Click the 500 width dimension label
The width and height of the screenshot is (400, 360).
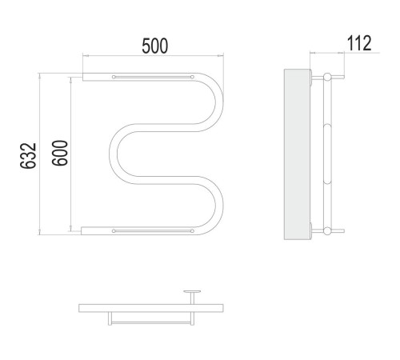[x=155, y=46]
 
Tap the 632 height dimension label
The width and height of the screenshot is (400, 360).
[x=28, y=155]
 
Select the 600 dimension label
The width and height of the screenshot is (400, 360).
[x=60, y=153]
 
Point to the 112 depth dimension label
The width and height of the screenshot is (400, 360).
[x=359, y=43]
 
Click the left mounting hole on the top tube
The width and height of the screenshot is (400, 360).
[x=114, y=77]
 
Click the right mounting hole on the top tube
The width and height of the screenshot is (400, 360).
[x=192, y=77]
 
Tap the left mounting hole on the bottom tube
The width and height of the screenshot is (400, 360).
[x=114, y=231]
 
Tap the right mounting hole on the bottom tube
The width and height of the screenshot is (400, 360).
[x=192, y=231]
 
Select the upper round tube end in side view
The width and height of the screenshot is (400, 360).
[x=327, y=77]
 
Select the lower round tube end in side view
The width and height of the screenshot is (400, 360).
[x=327, y=231]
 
